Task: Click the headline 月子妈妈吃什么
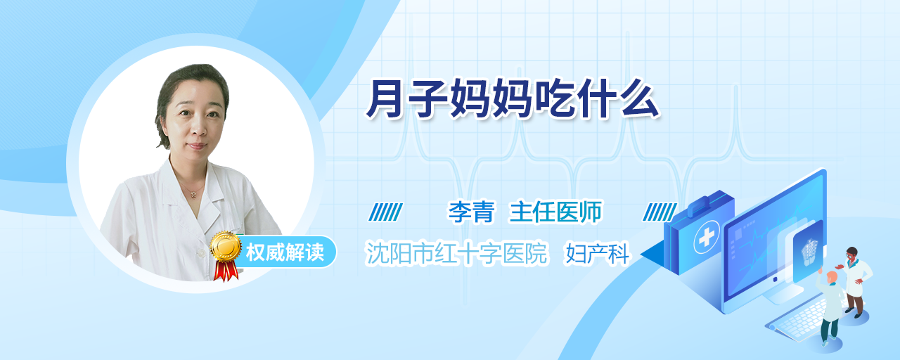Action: click(x=513, y=99)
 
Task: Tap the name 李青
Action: click(x=471, y=212)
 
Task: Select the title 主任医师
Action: click(x=555, y=212)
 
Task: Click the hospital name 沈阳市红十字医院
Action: click(x=456, y=254)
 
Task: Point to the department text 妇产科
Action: click(x=597, y=254)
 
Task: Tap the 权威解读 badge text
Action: click(x=285, y=252)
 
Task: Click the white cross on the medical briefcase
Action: click(x=707, y=238)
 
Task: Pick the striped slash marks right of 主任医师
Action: click(x=660, y=212)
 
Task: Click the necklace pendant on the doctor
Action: click(x=193, y=195)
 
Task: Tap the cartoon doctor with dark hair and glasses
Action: click(x=855, y=282)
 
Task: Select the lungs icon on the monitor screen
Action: click(x=809, y=252)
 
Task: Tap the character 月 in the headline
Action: click(x=385, y=99)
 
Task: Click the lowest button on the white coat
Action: click(x=200, y=254)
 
